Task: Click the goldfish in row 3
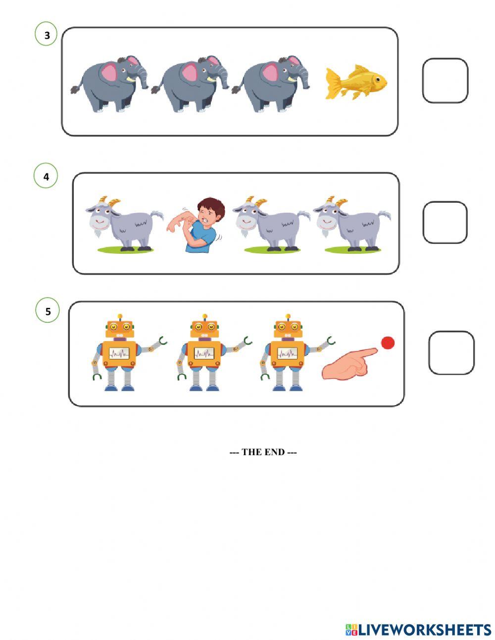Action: tap(355, 82)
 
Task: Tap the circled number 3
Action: tap(47, 35)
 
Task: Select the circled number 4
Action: tap(46, 176)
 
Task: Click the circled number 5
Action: tap(48, 311)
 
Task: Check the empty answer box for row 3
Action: tap(445, 81)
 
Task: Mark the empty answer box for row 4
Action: tap(445, 223)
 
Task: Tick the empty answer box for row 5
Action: tap(450, 352)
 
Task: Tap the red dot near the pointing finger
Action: tap(388, 343)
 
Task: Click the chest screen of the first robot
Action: tap(119, 353)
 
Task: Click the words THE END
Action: tap(263, 452)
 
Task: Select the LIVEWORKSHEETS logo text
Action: tap(424, 630)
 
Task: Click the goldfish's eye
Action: tap(378, 78)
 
